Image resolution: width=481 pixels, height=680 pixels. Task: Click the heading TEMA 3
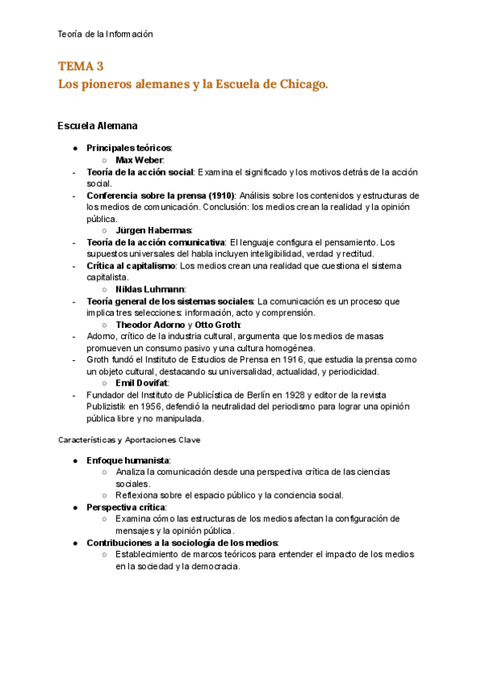click(81, 66)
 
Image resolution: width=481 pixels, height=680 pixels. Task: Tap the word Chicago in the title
click(298, 83)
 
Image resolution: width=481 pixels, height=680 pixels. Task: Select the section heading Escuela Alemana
click(97, 126)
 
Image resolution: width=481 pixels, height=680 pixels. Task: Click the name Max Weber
click(139, 160)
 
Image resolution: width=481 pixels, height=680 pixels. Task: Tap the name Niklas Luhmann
click(150, 289)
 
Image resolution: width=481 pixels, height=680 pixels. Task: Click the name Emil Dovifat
click(142, 382)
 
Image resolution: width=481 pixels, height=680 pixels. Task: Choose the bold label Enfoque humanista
click(127, 460)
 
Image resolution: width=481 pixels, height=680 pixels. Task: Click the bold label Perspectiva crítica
click(126, 508)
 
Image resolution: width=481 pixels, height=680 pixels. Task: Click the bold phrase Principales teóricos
click(128, 148)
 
